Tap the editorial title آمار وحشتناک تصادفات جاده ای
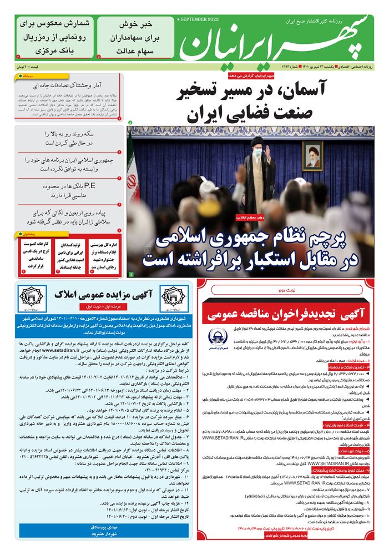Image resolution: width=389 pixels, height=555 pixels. pos(73,86)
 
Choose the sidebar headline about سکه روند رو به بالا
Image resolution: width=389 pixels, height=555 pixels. pos(73,138)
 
